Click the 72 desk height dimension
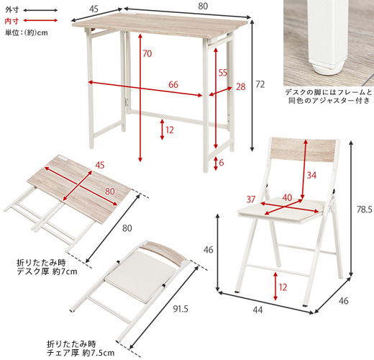260,84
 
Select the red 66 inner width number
173,84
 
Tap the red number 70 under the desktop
147,53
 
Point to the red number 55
223,73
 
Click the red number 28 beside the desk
241,86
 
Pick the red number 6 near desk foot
222,163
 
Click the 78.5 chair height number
364,210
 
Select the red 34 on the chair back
311,176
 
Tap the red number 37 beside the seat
251,199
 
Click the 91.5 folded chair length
181,309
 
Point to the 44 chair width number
257,310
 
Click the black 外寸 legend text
12,10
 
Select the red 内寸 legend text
12,21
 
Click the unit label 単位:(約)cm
27,32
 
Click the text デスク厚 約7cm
47,271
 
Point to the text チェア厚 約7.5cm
81,353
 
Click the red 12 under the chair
283,287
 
